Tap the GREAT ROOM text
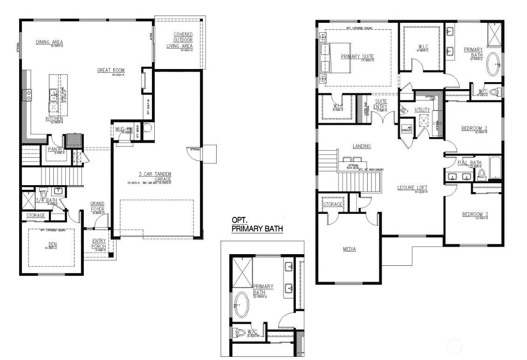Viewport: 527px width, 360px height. click(110, 70)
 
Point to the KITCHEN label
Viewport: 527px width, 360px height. click(54, 119)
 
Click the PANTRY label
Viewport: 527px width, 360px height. click(55, 149)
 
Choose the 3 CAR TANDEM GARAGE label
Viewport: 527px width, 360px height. click(154, 176)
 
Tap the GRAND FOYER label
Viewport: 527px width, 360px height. click(97, 207)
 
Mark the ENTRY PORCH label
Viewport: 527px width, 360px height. click(99, 243)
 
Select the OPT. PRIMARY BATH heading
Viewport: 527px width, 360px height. click(257, 224)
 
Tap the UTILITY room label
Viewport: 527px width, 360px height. click(422, 110)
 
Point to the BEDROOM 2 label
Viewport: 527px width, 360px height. click(474, 128)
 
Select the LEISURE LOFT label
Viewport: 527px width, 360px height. click(412, 188)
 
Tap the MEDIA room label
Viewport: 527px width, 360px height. click(349, 249)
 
